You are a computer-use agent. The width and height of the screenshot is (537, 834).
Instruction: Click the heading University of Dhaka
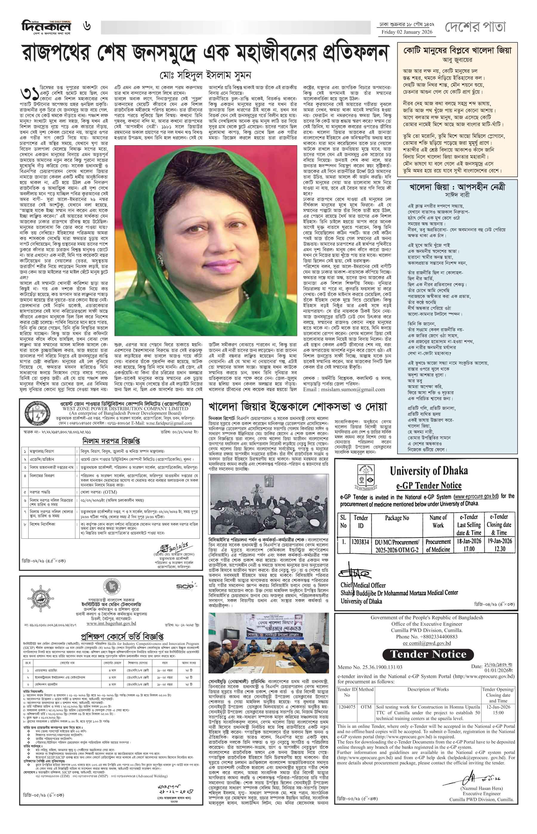coord(428,471)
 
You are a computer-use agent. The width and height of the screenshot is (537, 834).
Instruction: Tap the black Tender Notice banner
coord(428,654)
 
